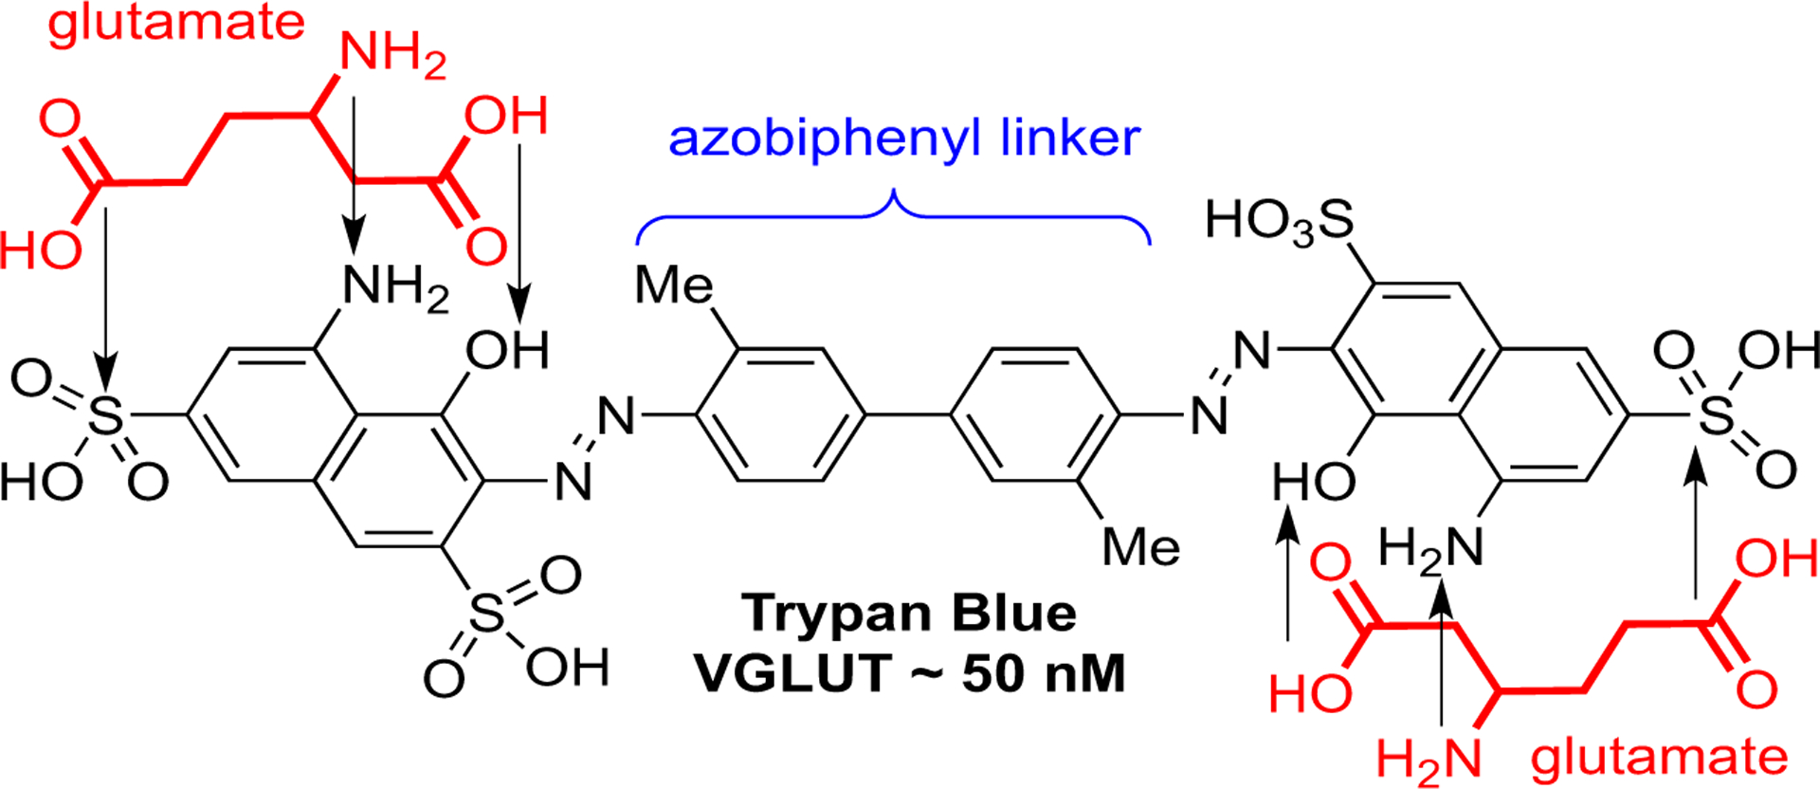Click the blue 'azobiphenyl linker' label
pos(903,138)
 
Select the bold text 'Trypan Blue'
pos(909,613)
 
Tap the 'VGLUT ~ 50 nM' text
pos(909,673)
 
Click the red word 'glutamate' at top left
pos(176,23)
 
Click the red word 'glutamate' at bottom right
pos(1659,758)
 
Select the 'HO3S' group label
pos(1279,222)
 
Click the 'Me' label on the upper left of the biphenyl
pos(673,284)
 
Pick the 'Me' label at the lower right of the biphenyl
pos(1141,547)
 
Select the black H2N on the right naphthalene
pos(1429,548)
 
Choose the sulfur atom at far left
pos(105,416)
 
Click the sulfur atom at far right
pos(1716,414)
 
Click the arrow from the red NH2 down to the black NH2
pos(354,171)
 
